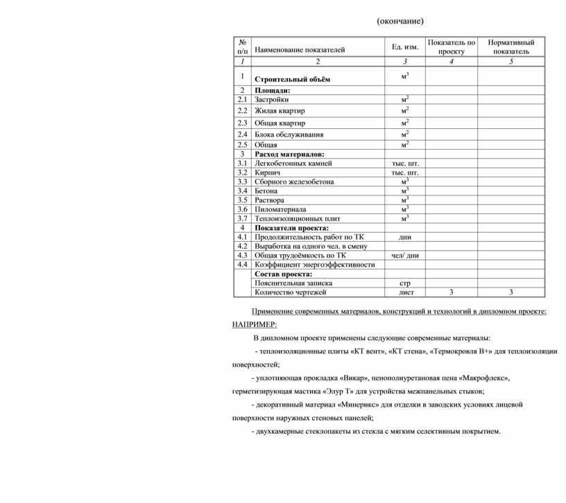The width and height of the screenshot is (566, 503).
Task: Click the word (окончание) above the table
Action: (400, 21)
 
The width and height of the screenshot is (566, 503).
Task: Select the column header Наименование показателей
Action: (299, 51)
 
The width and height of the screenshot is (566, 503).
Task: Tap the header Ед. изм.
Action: (405, 47)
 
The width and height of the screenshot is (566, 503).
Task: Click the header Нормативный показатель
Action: (511, 46)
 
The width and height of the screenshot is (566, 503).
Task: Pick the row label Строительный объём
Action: (293, 79)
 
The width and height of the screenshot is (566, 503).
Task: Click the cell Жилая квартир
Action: (280, 111)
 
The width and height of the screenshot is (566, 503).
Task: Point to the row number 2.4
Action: (242, 134)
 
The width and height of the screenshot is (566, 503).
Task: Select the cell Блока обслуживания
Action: (289, 134)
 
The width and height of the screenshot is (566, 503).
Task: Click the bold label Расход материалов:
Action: (289, 154)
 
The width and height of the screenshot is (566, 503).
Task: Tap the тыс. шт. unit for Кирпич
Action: (405, 173)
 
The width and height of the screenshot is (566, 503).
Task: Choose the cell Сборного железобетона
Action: (294, 182)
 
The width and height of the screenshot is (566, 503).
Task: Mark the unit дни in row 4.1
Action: (405, 237)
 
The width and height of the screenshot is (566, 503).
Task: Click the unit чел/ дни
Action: (405, 255)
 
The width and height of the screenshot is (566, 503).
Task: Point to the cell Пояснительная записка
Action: (293, 283)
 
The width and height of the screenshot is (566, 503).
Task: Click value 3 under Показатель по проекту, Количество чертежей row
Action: (452, 292)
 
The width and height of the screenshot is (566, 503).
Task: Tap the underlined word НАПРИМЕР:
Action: (254, 324)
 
